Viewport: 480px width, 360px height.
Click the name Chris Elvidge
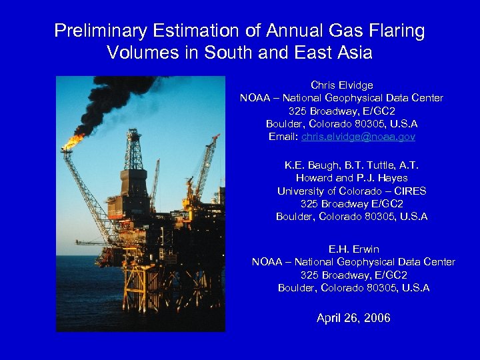click(341, 85)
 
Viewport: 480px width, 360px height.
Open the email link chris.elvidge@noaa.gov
click(358, 137)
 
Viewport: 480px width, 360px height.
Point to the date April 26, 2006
click(353, 318)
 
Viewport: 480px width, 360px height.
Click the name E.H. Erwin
click(353, 249)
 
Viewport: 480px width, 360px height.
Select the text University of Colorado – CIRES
click(351, 191)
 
